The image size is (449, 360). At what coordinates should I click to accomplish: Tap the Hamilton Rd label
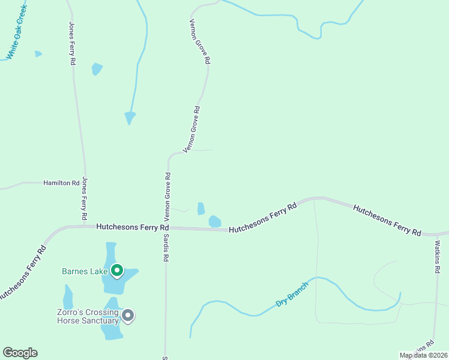(x=61, y=182)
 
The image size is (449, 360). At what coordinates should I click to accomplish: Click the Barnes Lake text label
(x=85, y=271)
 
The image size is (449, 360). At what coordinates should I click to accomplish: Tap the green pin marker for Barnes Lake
(x=117, y=271)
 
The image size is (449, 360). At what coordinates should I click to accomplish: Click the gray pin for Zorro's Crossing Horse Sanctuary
(x=128, y=315)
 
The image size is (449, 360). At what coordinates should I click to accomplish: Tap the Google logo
(x=20, y=353)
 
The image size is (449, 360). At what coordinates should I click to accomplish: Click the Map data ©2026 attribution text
(x=423, y=355)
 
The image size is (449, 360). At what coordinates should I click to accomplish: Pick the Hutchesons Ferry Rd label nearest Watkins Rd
(x=387, y=220)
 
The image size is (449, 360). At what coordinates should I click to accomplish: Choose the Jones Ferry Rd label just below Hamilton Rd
(x=85, y=198)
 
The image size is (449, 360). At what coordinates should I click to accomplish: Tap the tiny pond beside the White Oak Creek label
(x=38, y=54)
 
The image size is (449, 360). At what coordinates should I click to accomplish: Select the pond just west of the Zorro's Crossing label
(x=68, y=297)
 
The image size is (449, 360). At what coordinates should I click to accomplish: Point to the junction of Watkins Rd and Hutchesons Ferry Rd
(x=434, y=234)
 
